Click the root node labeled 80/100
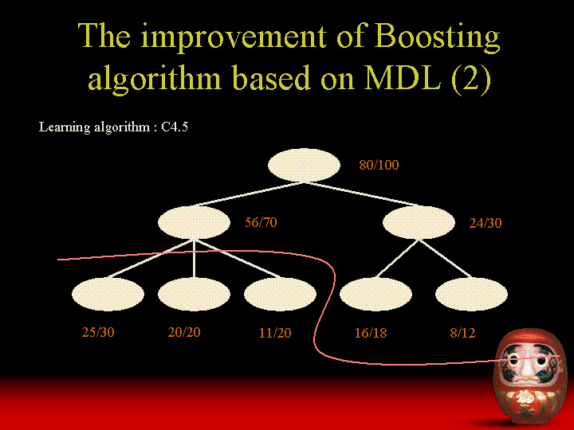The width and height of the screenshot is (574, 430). (x=304, y=165)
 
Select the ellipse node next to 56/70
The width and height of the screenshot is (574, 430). (x=194, y=222)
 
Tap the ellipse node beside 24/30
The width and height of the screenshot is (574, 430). (x=419, y=222)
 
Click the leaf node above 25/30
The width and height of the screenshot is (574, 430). (x=108, y=294)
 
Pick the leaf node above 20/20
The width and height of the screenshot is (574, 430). (x=194, y=294)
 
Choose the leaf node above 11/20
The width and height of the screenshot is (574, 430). (x=280, y=294)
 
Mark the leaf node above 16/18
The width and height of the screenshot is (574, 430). (x=376, y=294)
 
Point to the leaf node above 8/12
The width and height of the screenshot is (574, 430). (x=471, y=294)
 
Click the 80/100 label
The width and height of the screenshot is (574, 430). (x=379, y=165)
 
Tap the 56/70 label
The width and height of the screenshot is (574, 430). (x=261, y=222)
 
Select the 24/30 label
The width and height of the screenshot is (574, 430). (x=486, y=223)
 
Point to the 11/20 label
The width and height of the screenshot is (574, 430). (x=275, y=333)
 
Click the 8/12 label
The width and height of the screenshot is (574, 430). (x=462, y=333)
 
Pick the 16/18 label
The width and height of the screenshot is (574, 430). (x=371, y=333)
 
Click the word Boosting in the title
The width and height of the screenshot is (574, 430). (x=437, y=37)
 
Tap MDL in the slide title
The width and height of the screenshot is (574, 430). (x=402, y=77)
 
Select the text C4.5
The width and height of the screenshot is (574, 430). (x=175, y=127)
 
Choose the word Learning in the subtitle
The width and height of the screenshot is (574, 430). (x=64, y=127)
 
